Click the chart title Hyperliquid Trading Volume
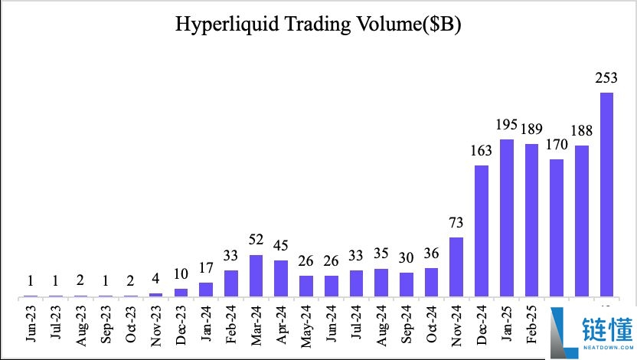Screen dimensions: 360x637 click(x=318, y=25)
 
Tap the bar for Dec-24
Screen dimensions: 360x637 click(x=482, y=231)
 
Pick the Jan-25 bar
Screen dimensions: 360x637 click(x=506, y=218)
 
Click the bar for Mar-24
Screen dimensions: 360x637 click(x=256, y=276)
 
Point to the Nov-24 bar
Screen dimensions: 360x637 click(x=456, y=267)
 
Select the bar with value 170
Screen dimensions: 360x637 click(x=557, y=227)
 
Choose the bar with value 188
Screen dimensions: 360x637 click(x=582, y=221)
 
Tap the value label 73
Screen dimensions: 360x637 click(x=456, y=224)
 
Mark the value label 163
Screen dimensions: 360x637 click(x=482, y=151)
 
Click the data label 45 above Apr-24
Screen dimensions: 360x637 click(x=281, y=247)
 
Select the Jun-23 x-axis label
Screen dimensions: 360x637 click(x=31, y=326)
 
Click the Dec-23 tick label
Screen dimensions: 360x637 click(x=181, y=326)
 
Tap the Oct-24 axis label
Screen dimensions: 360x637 click(x=431, y=326)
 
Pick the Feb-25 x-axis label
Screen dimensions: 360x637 click(x=531, y=326)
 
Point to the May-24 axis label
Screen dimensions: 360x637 click(x=306, y=326)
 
